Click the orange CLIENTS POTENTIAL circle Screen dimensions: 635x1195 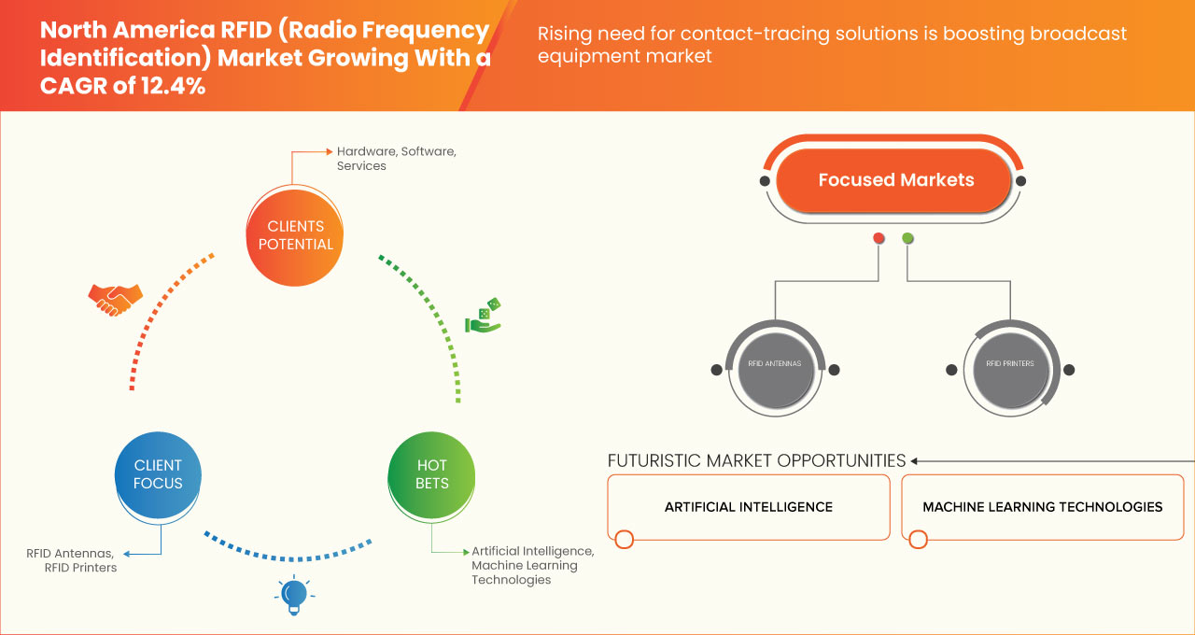point(294,235)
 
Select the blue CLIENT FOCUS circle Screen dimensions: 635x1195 point(158,474)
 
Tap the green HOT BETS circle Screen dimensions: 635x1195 point(431,474)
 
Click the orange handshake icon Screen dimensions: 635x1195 point(115,299)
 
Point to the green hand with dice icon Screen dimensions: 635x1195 point(484,316)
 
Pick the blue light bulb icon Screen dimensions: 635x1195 point(294,595)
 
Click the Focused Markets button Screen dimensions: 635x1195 point(895,180)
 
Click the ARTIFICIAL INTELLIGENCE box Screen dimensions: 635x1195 point(749,507)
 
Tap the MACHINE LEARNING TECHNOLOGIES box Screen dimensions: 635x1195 point(1042,507)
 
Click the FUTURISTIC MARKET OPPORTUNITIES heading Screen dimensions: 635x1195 point(756,461)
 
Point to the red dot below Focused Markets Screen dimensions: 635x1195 point(879,238)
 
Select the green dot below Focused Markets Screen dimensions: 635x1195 point(907,238)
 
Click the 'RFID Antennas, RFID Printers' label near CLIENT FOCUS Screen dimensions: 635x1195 point(73,560)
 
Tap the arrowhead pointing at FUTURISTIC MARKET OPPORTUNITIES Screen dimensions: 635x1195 point(915,461)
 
